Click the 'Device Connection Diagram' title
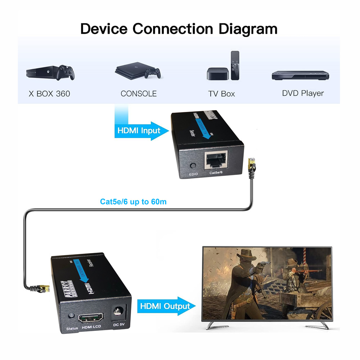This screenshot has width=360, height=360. pos(179,28)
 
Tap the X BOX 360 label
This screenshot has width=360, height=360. pos(49,94)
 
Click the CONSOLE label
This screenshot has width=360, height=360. pos(139,94)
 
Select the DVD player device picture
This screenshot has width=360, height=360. pos(301,75)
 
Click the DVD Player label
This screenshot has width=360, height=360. pos(303,93)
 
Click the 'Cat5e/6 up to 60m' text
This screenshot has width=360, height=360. pos(133,202)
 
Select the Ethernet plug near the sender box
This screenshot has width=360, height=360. pos(252,166)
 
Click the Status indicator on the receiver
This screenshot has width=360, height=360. pos(71,315)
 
